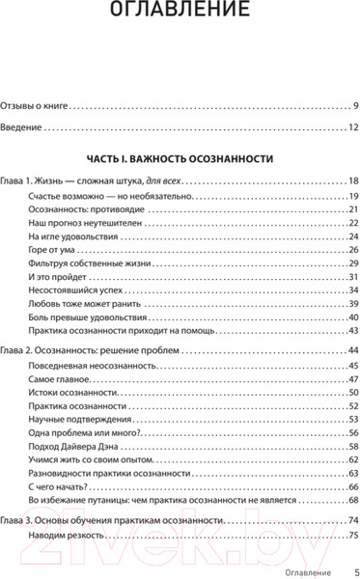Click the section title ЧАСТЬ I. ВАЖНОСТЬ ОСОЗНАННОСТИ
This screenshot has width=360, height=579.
(x=180, y=158)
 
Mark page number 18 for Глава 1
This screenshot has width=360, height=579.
(x=353, y=181)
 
